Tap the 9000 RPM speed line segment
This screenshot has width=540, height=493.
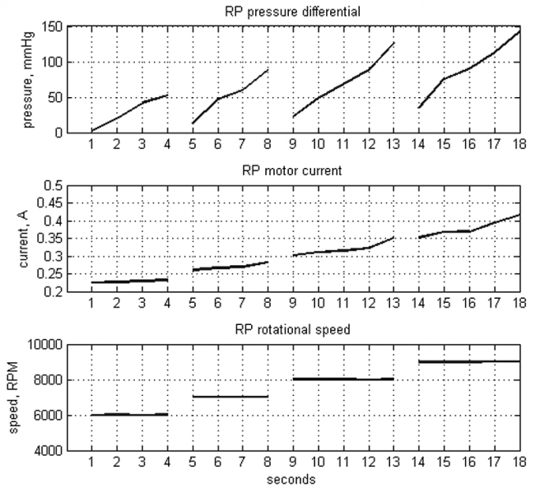point(469,361)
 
